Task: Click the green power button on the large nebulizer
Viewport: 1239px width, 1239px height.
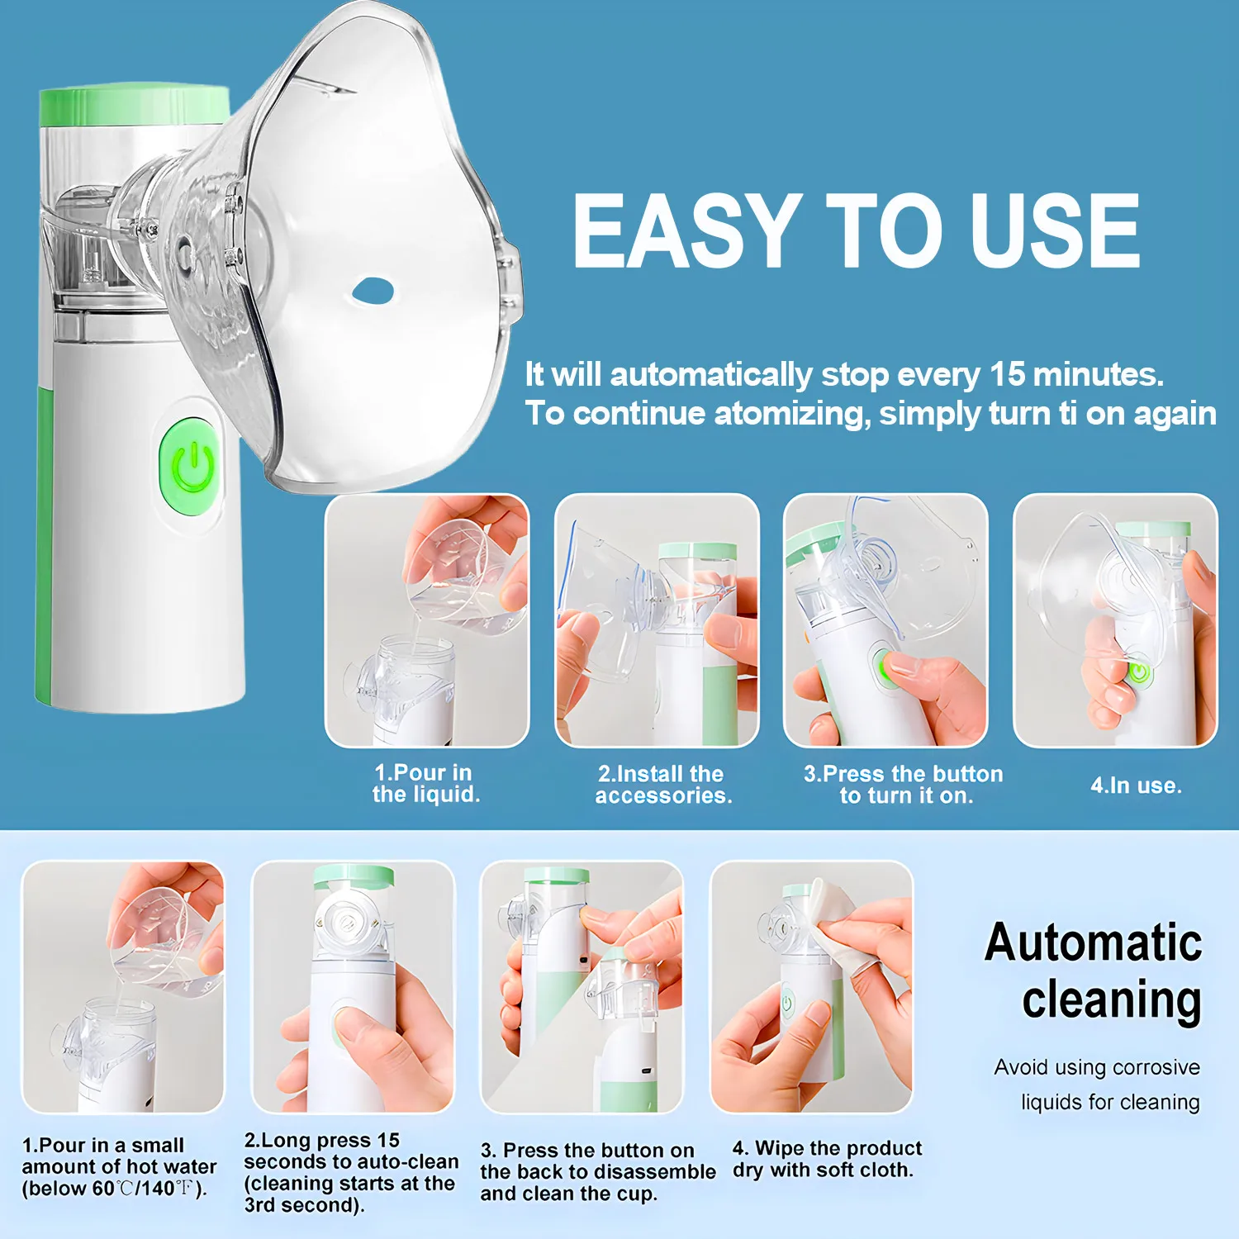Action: tap(192, 468)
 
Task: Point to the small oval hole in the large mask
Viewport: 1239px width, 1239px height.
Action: tap(373, 290)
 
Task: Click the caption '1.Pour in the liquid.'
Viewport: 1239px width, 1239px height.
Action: tap(425, 783)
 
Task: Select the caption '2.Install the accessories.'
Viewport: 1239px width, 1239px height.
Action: tap(663, 785)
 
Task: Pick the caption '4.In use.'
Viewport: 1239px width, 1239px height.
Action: tap(1136, 786)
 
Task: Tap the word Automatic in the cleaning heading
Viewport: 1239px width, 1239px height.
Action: tap(1094, 942)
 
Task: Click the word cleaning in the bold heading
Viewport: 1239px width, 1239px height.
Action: tap(1112, 1000)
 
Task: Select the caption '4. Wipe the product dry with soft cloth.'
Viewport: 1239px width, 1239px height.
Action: tap(827, 1159)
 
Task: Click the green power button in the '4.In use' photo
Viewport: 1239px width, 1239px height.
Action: tap(1139, 672)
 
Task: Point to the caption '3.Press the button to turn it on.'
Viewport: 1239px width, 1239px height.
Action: tap(904, 785)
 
